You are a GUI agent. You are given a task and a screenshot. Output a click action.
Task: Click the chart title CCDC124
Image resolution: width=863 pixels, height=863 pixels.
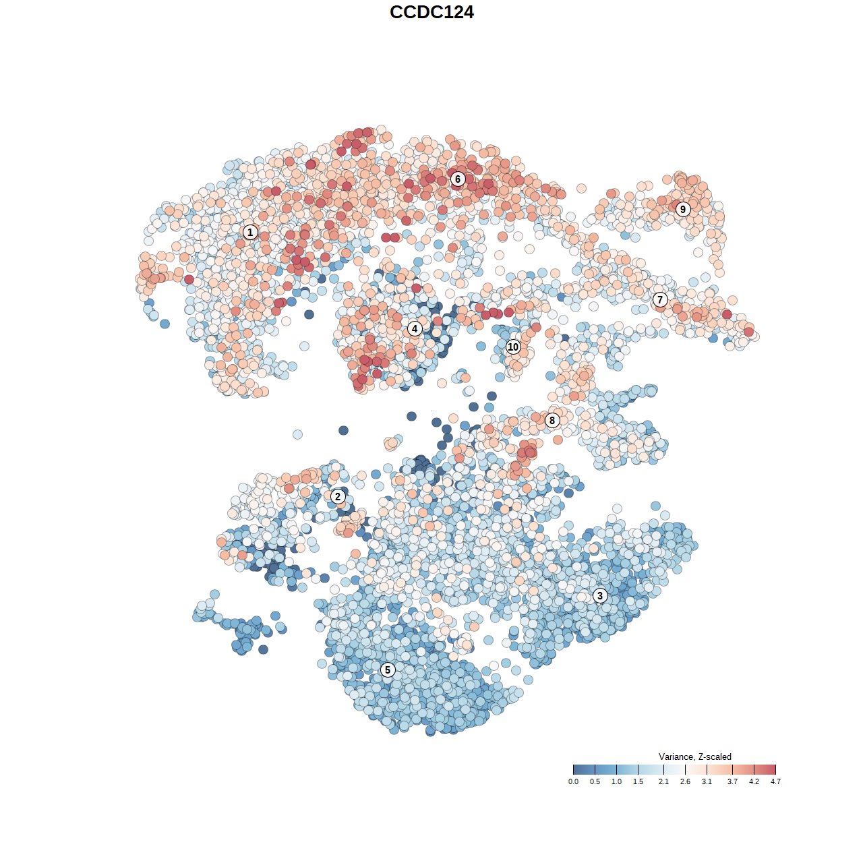431,12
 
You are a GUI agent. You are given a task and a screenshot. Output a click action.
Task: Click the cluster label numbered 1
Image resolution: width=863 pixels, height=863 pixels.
250,233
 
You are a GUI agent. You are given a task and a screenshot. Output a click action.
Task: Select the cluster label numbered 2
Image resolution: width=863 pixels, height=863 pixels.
338,497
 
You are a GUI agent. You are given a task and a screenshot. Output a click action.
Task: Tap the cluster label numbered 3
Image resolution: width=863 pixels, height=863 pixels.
600,595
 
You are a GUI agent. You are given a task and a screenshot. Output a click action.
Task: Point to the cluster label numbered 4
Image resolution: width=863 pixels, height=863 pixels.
415,329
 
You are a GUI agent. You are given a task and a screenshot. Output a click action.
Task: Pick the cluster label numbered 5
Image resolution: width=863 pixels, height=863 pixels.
388,669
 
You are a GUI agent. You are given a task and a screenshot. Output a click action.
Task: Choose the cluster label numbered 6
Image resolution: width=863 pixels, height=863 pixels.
458,179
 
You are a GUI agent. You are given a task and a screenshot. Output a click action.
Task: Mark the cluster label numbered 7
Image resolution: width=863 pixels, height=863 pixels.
660,300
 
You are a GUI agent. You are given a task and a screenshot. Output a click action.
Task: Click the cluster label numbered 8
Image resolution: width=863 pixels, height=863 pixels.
552,421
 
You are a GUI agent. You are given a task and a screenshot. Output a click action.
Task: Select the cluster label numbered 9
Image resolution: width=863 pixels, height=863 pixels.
683,209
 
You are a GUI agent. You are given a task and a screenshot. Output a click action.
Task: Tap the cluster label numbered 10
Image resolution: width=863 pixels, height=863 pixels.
513,347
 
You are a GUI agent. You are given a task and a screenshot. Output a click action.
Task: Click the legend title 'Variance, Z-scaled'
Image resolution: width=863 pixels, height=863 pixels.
694,756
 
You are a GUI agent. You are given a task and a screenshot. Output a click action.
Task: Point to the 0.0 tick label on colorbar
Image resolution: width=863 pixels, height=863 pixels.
573,782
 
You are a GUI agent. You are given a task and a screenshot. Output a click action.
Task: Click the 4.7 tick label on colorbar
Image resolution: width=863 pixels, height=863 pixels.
775,782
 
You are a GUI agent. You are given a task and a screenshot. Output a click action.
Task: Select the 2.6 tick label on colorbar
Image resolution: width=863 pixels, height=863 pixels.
685,782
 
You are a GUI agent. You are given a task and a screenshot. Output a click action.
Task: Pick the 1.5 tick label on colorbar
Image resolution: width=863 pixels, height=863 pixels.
638,782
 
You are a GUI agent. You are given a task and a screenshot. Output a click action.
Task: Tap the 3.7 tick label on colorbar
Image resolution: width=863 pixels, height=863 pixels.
732,782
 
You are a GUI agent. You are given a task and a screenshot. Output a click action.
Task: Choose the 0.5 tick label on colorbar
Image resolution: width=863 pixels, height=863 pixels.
595,782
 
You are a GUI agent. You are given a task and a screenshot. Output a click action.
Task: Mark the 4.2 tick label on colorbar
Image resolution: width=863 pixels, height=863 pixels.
754,782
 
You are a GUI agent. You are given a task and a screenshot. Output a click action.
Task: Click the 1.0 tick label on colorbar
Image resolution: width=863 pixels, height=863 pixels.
616,782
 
